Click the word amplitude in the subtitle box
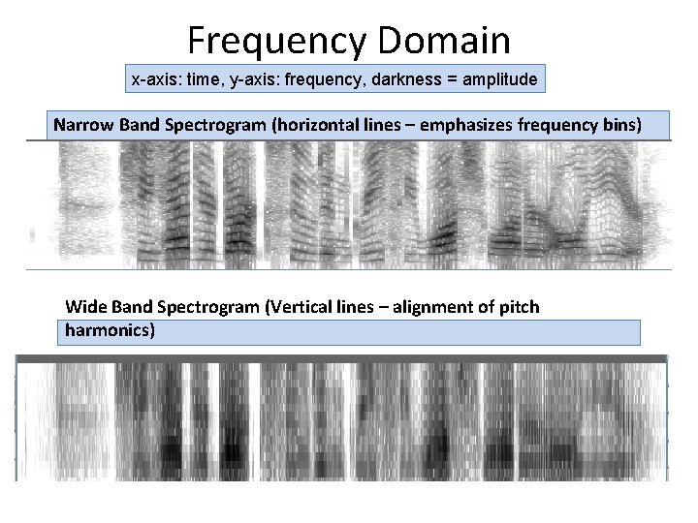(x=494, y=78)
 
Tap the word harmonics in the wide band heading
(x=106, y=330)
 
